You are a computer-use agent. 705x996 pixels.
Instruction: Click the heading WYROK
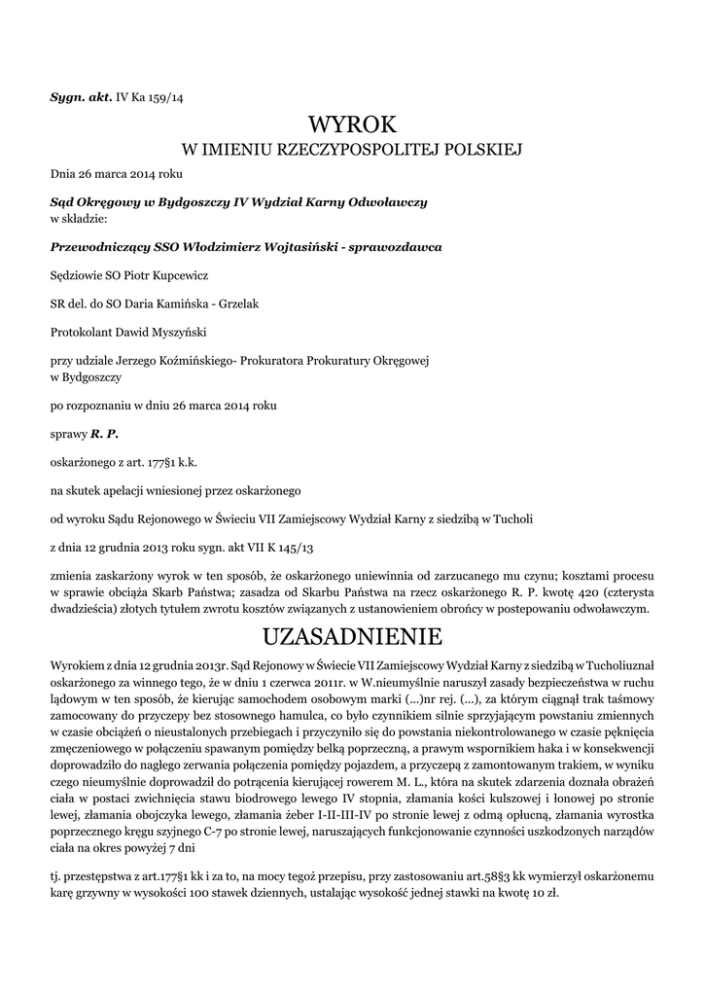pyautogui.click(x=352, y=124)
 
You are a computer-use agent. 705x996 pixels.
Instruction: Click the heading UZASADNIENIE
pyautogui.click(x=352, y=637)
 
